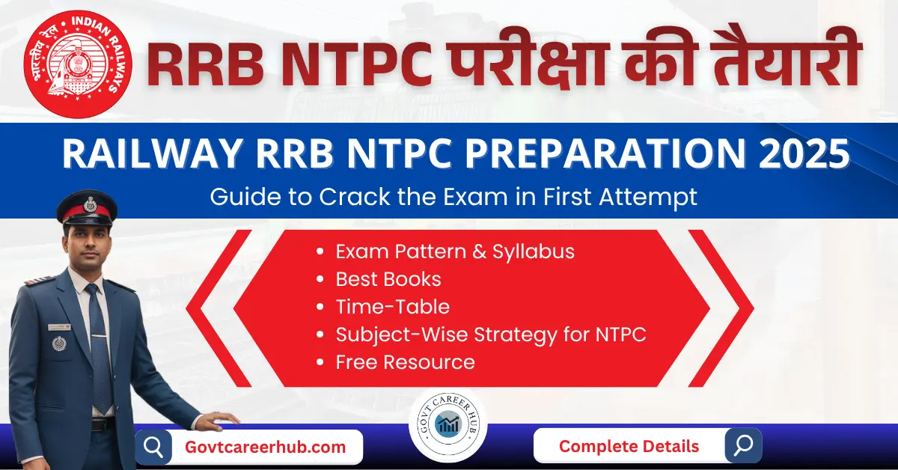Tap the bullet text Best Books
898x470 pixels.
tap(388, 279)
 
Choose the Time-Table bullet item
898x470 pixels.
tap(392, 307)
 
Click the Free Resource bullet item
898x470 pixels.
tap(405, 362)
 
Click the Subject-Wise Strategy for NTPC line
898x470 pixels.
tap(491, 335)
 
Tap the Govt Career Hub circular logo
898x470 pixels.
tap(449, 426)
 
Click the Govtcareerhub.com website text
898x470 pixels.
tap(265, 447)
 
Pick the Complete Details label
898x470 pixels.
tap(629, 446)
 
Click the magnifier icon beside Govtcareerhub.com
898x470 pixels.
tap(153, 448)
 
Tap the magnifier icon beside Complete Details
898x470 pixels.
tap(742, 445)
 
